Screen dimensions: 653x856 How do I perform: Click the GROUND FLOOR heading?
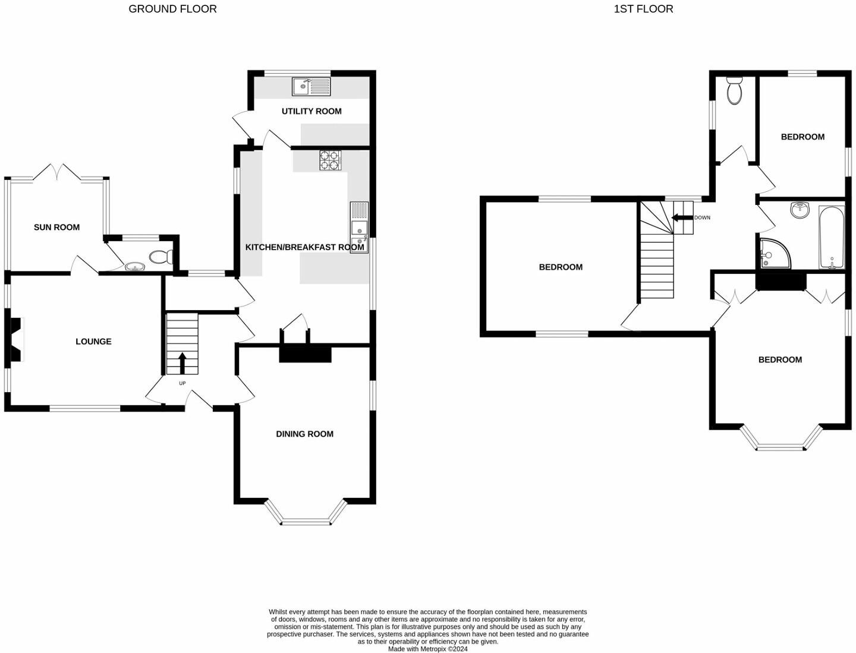172,9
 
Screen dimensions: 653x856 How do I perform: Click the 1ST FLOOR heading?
643,9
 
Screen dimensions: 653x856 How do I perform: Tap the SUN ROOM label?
56,227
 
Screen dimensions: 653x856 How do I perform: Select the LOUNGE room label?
93,341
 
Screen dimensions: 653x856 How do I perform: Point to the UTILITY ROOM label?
311,111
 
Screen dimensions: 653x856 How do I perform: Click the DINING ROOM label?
304,434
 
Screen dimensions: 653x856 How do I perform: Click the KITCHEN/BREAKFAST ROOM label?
304,247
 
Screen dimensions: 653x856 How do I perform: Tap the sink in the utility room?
311,87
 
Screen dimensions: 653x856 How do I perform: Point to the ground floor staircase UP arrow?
182,362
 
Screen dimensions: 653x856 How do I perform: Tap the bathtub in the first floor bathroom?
831,238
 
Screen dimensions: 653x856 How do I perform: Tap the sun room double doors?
57,172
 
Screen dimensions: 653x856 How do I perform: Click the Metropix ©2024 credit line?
427,649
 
